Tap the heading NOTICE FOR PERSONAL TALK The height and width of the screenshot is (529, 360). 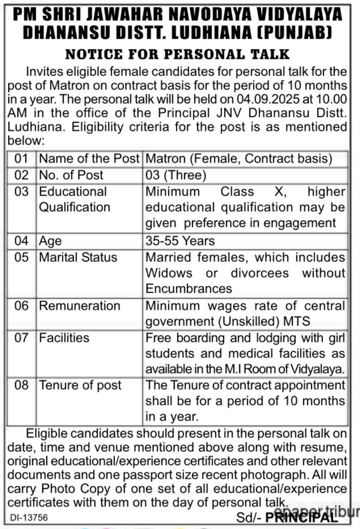point(178,54)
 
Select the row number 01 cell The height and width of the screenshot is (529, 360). point(21,159)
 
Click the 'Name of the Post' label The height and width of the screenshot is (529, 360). point(89,159)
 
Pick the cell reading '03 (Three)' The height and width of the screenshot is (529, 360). point(176,175)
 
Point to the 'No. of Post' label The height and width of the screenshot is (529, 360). point(71,175)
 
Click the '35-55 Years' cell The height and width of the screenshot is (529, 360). point(180,241)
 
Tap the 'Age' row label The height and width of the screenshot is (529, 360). point(50,241)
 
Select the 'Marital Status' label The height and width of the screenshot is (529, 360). point(78,257)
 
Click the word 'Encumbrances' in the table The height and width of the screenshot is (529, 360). point(189,288)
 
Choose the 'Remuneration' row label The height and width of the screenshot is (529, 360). point(79,306)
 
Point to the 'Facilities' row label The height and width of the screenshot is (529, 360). point(64,338)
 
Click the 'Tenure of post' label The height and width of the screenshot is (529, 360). point(80,385)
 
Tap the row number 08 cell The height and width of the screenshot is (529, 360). point(21,385)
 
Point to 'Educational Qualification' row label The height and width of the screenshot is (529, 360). point(74,199)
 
